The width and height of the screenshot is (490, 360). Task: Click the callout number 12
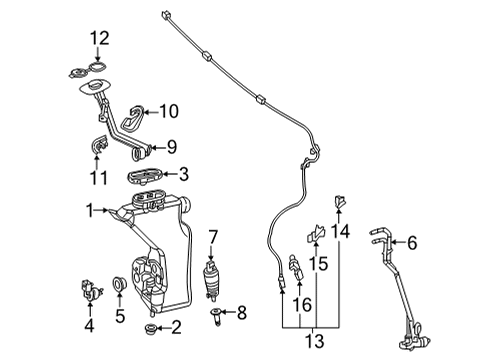[100, 38]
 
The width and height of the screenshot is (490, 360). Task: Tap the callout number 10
[169, 111]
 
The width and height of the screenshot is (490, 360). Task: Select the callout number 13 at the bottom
[315, 341]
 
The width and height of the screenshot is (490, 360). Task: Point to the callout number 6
[412, 243]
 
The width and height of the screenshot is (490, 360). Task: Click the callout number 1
[89, 211]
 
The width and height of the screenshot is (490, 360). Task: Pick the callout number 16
[302, 304]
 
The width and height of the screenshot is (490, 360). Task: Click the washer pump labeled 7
[211, 279]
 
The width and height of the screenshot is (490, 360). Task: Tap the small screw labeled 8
[216, 317]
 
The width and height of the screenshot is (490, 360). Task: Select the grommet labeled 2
[151, 328]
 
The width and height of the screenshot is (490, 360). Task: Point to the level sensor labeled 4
[90, 290]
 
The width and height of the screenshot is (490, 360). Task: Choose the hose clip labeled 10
[132, 118]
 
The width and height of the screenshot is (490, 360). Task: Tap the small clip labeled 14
[339, 202]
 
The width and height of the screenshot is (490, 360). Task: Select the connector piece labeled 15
[315, 233]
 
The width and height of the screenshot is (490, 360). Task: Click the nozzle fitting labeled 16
[296, 267]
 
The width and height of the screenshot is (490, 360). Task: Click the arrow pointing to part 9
[158, 147]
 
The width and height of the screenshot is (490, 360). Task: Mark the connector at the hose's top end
[165, 15]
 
